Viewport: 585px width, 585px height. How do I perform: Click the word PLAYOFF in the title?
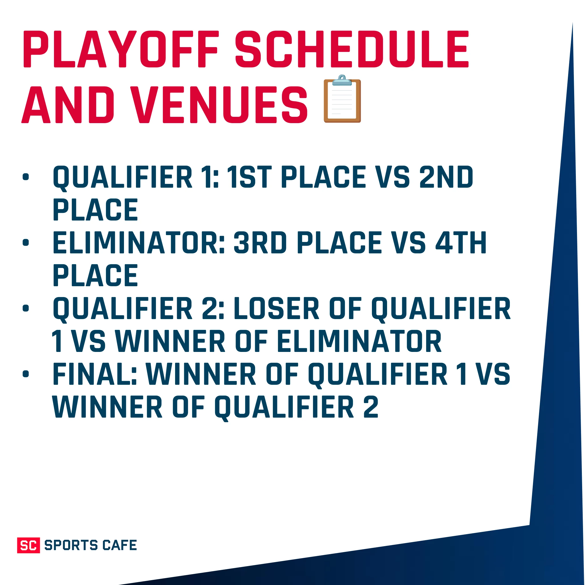pyautogui.click(x=121, y=49)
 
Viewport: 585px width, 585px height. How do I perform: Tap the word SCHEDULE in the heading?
pyautogui.click(x=352, y=49)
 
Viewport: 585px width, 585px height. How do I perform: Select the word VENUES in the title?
pyautogui.click(x=220, y=105)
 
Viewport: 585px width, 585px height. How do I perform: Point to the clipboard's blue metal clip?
pyautogui.click(x=342, y=80)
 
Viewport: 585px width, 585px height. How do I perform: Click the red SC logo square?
pyautogui.click(x=29, y=545)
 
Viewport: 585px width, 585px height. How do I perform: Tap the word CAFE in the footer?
pyautogui.click(x=119, y=545)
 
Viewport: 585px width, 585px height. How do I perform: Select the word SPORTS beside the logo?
pyautogui.click(x=71, y=545)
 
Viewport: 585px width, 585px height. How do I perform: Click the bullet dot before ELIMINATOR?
pyautogui.click(x=26, y=243)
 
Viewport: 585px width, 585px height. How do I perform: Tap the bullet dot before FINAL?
pyautogui.click(x=26, y=374)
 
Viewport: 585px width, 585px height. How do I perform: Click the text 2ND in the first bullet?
pyautogui.click(x=446, y=177)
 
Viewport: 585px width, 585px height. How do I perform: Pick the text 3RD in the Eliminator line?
pyautogui.click(x=260, y=243)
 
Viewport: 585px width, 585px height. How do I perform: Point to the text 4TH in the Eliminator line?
pyautogui.click(x=460, y=243)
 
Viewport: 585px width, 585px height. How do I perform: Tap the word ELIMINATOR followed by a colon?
pyautogui.click(x=138, y=243)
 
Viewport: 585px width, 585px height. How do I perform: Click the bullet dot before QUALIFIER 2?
pyautogui.click(x=26, y=308)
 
